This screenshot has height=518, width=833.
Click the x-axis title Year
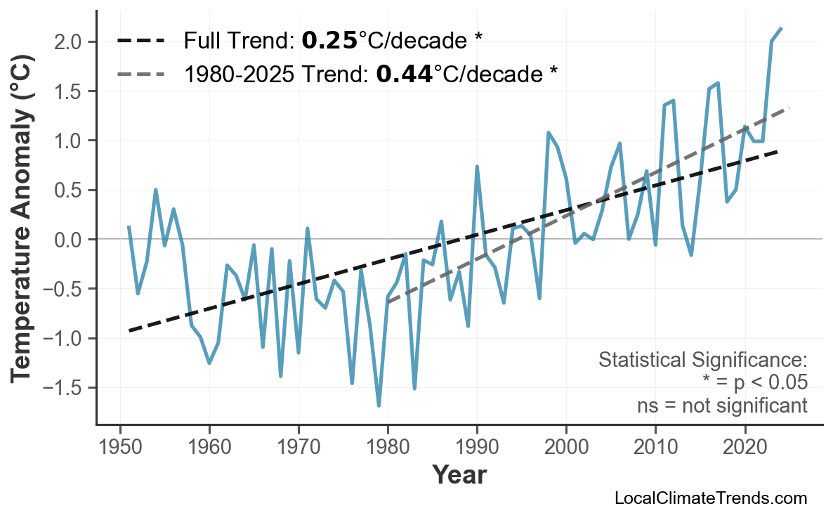pyautogui.click(x=459, y=475)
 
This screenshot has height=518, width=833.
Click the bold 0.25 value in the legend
pyautogui.click(x=329, y=41)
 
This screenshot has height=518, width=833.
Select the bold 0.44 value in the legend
pyautogui.click(x=404, y=73)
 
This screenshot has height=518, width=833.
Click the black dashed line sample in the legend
pyautogui.click(x=140, y=41)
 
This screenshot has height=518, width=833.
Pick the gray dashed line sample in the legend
pyautogui.click(x=140, y=73)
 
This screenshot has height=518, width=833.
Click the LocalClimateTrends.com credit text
pyautogui.click(x=710, y=498)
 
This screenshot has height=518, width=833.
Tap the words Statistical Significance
pyautogui.click(x=702, y=360)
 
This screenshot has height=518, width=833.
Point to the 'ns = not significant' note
pyautogui.click(x=722, y=406)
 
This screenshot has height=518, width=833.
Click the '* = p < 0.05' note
pyautogui.click(x=754, y=382)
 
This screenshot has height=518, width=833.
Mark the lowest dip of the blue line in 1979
pyautogui.click(x=379, y=406)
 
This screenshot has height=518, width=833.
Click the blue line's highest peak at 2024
pyautogui.click(x=781, y=28)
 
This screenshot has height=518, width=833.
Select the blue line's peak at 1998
pyautogui.click(x=548, y=132)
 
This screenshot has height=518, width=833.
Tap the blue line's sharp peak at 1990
pyautogui.click(x=477, y=167)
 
